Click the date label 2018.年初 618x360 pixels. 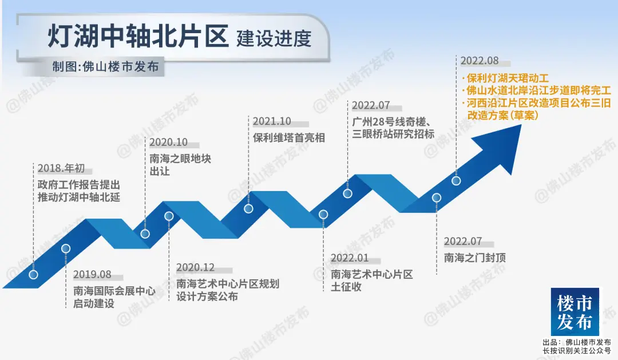click(x=61, y=168)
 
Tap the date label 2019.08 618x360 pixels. click(x=92, y=275)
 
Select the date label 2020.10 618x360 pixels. click(x=168, y=143)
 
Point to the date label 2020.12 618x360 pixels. click(x=196, y=268)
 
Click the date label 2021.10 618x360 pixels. click(x=272, y=121)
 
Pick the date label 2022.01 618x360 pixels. click(x=350, y=258)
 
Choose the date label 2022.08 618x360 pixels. click(x=480, y=61)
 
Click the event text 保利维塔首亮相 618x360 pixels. click(x=289, y=137)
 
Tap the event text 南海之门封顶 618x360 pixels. click(x=474, y=258)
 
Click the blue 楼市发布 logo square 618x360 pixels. click(x=575, y=311)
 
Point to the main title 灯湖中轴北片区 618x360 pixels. click(x=138, y=36)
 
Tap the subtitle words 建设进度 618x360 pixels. click(x=274, y=38)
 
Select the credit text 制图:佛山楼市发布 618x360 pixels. click(x=106, y=66)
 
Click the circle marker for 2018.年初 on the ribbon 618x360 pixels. click(x=34, y=275)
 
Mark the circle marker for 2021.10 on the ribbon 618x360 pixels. click(x=248, y=208)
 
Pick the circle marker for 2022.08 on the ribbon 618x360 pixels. click(x=456, y=181)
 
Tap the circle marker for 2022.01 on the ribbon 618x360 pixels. click(x=323, y=215)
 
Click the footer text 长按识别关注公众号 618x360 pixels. click(x=577, y=350)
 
